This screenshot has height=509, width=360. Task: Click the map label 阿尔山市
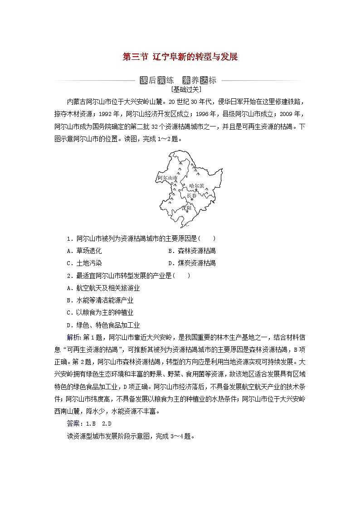(166, 178)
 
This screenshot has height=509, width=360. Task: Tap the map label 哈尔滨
(196, 185)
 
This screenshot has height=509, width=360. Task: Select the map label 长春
(192, 195)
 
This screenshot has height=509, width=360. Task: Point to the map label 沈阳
(187, 208)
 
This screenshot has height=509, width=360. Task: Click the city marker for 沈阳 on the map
(186, 212)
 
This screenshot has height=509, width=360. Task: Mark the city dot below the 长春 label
(192, 199)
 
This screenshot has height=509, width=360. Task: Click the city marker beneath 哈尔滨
(196, 190)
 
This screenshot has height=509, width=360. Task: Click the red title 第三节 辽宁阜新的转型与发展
(180, 57)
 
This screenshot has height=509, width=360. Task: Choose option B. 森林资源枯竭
(192, 251)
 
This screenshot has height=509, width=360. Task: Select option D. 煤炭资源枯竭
(192, 263)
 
